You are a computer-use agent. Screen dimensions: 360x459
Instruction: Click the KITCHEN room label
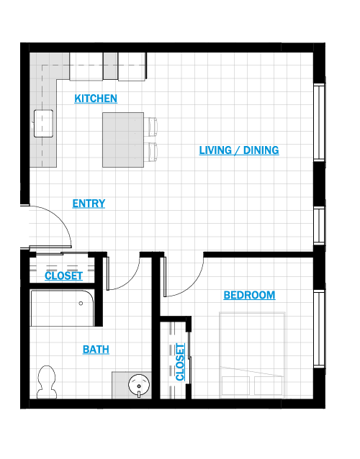pyautogui.click(x=96, y=99)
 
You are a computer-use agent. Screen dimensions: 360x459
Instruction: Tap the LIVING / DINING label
pyautogui.click(x=239, y=150)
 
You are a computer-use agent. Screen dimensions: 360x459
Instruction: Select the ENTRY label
pyautogui.click(x=89, y=204)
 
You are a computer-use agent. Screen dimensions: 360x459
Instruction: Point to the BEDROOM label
pyautogui.click(x=249, y=295)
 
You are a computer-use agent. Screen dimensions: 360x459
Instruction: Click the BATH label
pyautogui.click(x=96, y=350)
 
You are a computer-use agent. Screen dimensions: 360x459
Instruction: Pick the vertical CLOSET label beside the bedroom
pyautogui.click(x=180, y=362)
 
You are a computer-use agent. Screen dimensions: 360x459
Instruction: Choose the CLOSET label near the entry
pyautogui.click(x=63, y=276)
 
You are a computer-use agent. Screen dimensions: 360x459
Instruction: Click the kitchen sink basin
pyautogui.click(x=43, y=124)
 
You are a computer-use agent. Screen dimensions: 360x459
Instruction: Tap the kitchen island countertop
pyautogui.click(x=123, y=140)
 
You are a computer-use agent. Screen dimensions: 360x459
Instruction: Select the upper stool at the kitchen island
pyautogui.click(x=153, y=127)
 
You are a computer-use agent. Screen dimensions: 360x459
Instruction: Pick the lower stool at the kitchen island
pyautogui.click(x=153, y=152)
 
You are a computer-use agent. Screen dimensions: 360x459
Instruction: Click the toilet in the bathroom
pyautogui.click(x=47, y=382)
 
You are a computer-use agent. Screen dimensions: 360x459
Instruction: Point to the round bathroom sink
pyautogui.click(x=139, y=385)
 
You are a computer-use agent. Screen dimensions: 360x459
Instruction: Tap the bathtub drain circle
pyautogui.click(x=81, y=304)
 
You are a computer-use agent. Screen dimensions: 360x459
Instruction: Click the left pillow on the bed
pyautogui.click(x=235, y=386)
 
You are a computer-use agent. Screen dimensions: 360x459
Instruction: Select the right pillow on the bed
pyautogui.click(x=268, y=386)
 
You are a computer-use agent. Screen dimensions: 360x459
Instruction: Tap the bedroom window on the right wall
pyautogui.click(x=319, y=328)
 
